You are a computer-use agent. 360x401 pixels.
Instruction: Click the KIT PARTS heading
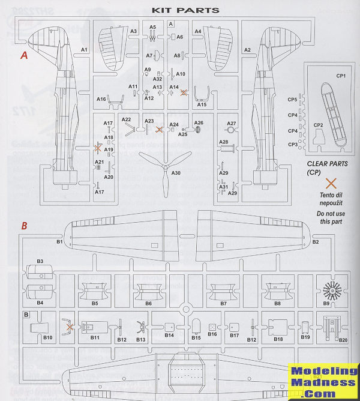[x=185, y=10]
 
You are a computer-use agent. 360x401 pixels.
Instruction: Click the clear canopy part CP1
[x=332, y=114]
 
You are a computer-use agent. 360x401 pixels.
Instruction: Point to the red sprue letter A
[x=24, y=55]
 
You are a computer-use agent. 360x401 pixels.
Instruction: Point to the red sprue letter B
[x=24, y=226]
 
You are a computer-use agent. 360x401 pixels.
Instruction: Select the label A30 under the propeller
[x=176, y=173]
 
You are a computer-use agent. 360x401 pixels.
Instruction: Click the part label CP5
[x=293, y=100]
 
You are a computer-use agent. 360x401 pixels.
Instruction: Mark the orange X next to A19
[x=98, y=147]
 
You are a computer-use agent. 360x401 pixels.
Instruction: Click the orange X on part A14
[x=184, y=93]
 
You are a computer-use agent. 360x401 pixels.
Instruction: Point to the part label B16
[x=212, y=334]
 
